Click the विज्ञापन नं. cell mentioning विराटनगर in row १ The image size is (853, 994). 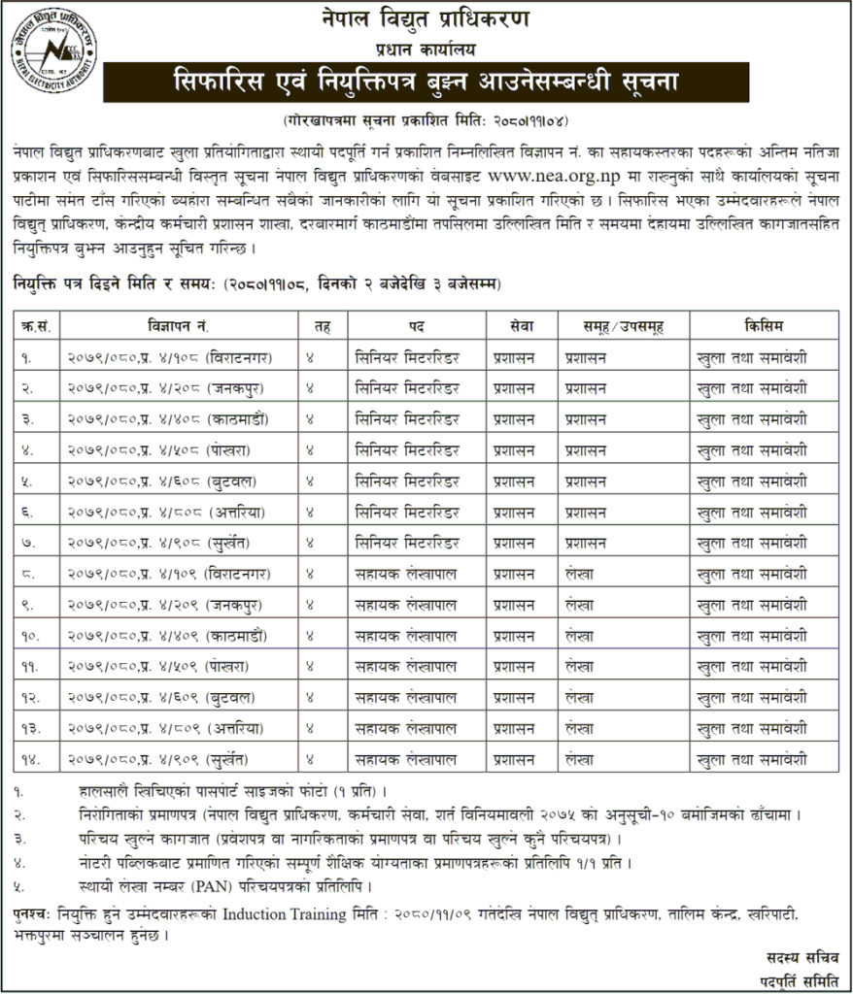pos(169,357)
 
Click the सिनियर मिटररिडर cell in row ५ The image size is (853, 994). pos(406,481)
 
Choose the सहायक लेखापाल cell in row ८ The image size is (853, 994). pos(406,574)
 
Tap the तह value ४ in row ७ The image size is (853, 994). pos(310,543)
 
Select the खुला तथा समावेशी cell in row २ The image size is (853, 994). pos(752,388)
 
